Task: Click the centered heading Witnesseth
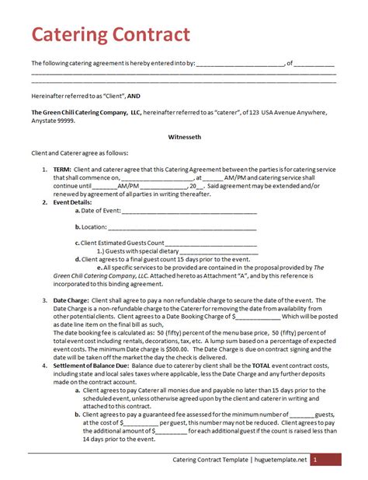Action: point(184,135)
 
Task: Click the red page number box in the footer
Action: point(326,461)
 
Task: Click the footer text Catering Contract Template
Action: point(210,461)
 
